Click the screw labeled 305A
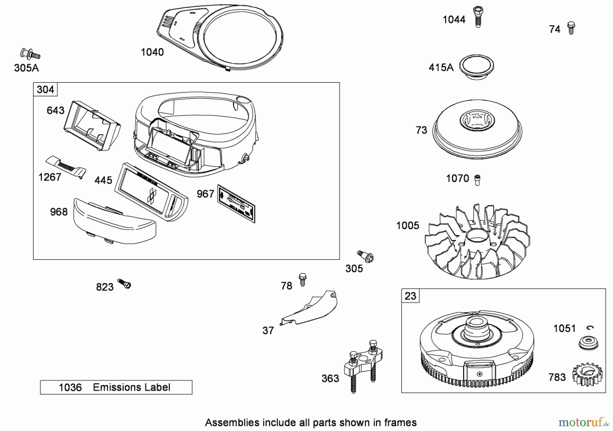[x=30, y=54]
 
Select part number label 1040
[x=152, y=52]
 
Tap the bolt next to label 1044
[x=478, y=17]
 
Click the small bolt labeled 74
[x=571, y=28]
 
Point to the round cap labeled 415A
[x=476, y=67]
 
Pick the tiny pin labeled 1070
[x=477, y=180]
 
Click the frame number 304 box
[x=45, y=89]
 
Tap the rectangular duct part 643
[x=92, y=126]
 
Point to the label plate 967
[x=236, y=204]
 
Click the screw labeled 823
[x=124, y=284]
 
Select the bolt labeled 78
[x=302, y=279]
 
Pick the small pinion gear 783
[x=587, y=375]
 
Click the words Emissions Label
[x=131, y=387]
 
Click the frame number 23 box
[x=410, y=296]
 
